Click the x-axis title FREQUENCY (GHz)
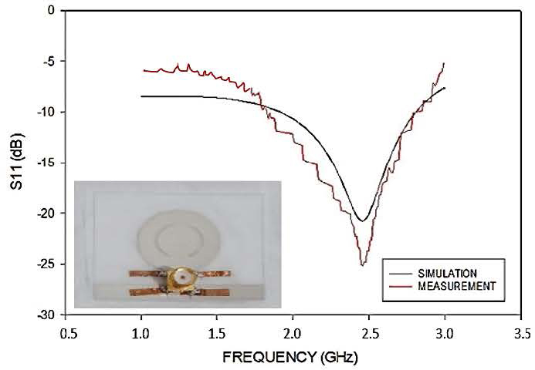coord(290,358)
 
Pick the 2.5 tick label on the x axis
coord(369,334)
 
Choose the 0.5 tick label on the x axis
coord(67,334)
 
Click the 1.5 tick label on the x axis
coord(218,334)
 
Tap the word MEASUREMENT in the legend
coord(455,285)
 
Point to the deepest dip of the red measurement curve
coord(361,266)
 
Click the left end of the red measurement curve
coord(143,70)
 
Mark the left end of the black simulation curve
coord(143,96)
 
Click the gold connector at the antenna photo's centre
coord(182,278)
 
